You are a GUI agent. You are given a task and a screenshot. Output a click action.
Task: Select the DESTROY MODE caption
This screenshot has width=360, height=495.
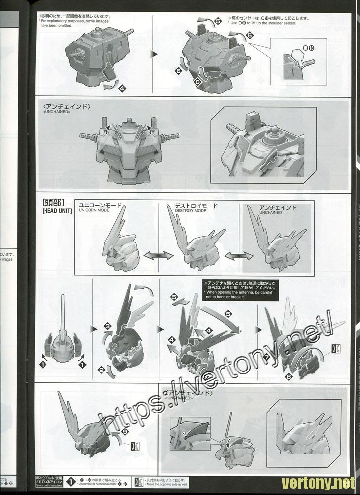click(190, 210)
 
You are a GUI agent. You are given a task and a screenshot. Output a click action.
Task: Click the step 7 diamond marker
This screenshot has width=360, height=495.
click(280, 356)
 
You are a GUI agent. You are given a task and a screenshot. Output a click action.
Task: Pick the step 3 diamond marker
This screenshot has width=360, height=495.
click(107, 326)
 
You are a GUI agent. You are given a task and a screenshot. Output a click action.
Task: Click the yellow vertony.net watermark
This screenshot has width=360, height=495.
click(319, 482)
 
